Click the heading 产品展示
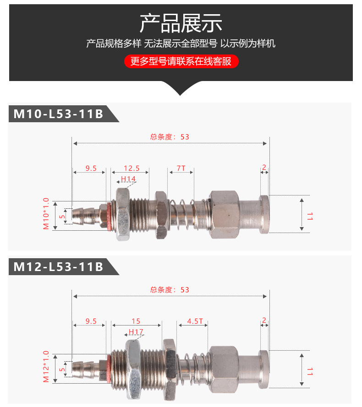181,23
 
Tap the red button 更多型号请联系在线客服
181,61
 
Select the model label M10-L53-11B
58,114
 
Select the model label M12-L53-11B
58,267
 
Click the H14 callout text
128,179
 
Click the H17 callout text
136,332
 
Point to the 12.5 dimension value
132,168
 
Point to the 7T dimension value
181,168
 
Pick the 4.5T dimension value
195,321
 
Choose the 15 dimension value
136,321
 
